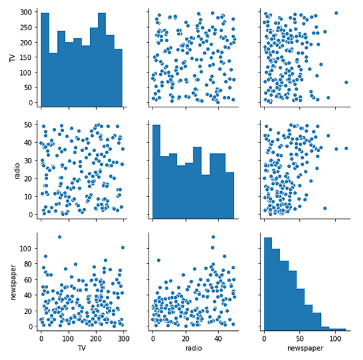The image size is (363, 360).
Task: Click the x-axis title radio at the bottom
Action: pos(193,347)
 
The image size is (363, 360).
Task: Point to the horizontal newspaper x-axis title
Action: pos(303,347)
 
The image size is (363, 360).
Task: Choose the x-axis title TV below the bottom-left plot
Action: pos(82,347)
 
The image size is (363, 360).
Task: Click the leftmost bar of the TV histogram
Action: pos(45,59)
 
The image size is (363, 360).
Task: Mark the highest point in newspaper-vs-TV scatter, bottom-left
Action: pos(59,237)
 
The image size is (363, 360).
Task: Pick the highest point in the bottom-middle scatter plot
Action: pos(212,237)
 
